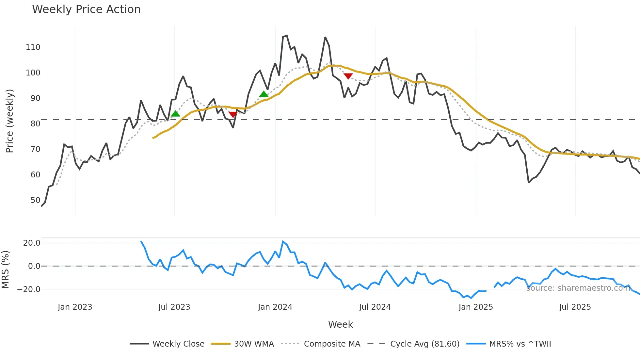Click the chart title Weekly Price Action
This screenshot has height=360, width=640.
pyautogui.click(x=86, y=9)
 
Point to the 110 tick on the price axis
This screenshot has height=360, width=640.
pyautogui.click(x=33, y=47)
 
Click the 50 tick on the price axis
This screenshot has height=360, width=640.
pyautogui.click(x=35, y=200)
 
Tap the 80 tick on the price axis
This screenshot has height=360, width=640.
pyautogui.click(x=35, y=124)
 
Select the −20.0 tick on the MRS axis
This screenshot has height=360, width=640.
pyautogui.click(x=29, y=289)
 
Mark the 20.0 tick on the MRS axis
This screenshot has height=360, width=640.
pyautogui.click(x=32, y=243)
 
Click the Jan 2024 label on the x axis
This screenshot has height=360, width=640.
pyautogui.click(x=275, y=307)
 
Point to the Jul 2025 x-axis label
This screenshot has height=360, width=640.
pyautogui.click(x=575, y=307)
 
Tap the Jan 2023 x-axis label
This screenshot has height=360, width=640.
pyautogui.click(x=75, y=307)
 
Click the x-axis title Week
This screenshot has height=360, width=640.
pyautogui.click(x=340, y=324)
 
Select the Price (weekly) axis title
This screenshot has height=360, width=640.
pyautogui.click(x=9, y=121)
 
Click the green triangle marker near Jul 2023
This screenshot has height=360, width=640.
pyautogui.click(x=176, y=114)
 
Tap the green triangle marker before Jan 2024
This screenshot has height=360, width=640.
pyautogui.click(x=264, y=94)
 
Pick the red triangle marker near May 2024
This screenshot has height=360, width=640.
pyautogui.click(x=348, y=76)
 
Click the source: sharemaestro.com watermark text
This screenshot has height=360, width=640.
pyautogui.click(x=578, y=288)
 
